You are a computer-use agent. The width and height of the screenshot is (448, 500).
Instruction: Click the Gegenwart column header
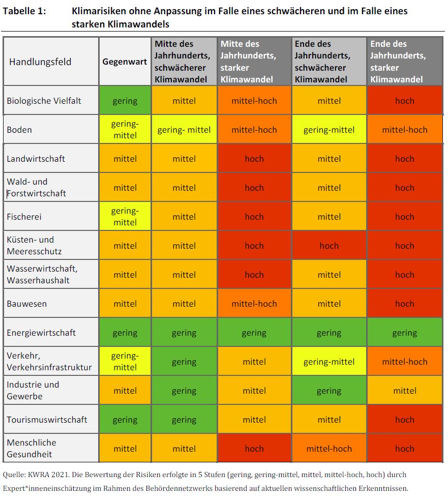125,62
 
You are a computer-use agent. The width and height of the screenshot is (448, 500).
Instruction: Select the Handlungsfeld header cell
40,62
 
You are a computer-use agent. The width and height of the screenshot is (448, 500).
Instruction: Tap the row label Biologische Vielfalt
44,101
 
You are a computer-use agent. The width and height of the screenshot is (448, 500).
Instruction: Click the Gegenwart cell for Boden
125,129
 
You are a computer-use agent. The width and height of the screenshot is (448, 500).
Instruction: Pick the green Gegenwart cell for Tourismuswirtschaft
125,420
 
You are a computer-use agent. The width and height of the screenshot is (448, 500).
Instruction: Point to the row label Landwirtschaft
36,159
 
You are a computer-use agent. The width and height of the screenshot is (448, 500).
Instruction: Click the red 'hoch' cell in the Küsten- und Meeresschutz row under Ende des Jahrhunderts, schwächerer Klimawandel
329,246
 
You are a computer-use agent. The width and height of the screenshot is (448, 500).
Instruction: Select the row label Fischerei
24,217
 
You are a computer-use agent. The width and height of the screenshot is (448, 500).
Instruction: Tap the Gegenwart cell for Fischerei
125,217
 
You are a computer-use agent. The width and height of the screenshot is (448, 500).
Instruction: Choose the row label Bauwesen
26,304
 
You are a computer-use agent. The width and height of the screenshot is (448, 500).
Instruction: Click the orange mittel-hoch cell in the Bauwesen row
254,304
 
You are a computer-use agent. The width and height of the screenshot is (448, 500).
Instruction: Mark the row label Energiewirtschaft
41,333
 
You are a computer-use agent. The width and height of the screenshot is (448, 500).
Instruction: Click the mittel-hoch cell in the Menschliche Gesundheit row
329,449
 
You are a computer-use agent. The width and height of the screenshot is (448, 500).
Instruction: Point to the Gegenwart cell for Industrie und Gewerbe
125,391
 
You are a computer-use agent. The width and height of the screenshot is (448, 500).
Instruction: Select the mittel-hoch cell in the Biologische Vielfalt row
254,101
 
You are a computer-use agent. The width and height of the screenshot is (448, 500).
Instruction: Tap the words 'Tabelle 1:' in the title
24,11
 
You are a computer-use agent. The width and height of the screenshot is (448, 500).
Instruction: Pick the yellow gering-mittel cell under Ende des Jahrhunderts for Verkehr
329,362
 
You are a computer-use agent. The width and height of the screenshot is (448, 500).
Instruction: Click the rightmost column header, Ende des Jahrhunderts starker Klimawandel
405,62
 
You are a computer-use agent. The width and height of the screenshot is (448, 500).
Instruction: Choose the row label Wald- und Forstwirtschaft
36,188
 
